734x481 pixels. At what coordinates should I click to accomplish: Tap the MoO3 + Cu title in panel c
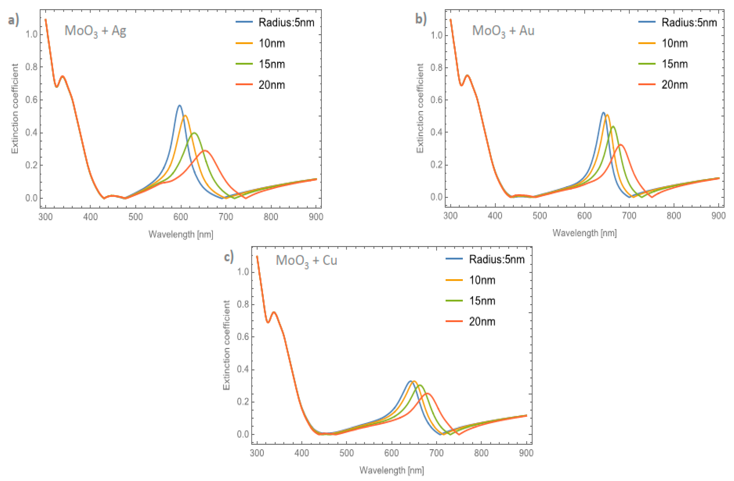click(x=306, y=261)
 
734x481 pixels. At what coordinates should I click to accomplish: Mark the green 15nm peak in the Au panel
click(x=613, y=126)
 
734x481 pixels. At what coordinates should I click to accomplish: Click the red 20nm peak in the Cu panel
click(x=427, y=393)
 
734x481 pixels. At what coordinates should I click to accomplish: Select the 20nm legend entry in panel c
click(x=482, y=322)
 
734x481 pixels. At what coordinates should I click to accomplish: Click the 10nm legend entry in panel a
click(x=271, y=43)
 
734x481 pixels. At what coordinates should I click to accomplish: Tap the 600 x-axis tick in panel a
click(x=181, y=217)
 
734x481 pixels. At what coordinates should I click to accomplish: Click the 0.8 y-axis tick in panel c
click(x=243, y=304)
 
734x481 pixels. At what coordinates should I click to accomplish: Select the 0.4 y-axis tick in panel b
click(x=436, y=132)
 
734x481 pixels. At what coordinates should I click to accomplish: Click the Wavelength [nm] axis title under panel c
click(x=391, y=470)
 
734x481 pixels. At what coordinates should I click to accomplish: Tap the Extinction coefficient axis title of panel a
click(x=15, y=109)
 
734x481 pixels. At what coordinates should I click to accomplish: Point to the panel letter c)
click(x=228, y=257)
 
